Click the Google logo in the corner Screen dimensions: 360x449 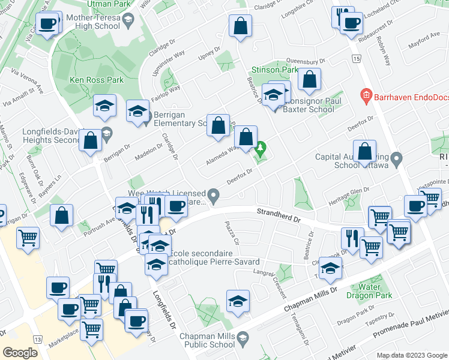pos(20,352)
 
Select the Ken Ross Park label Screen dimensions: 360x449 pos(88,80)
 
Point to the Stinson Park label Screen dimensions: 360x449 pos(275,70)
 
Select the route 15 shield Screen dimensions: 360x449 pos(357,59)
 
